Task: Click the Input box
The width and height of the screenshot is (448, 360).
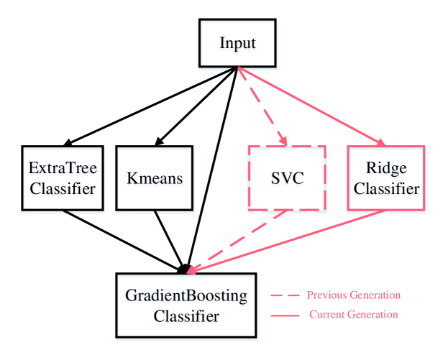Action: coord(237,45)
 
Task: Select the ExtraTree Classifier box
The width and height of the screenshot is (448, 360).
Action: coord(63,179)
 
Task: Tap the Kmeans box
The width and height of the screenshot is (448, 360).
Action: coord(155,179)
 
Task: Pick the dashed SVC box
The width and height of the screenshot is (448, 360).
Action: coord(286,179)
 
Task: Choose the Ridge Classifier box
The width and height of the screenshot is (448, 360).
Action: coord(386,179)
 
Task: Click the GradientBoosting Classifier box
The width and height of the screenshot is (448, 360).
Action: coord(187,306)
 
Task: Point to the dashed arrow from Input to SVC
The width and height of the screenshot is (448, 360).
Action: coord(262,106)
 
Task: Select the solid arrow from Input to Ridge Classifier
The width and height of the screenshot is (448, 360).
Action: coord(309,106)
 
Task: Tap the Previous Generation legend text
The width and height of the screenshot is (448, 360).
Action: coord(353,295)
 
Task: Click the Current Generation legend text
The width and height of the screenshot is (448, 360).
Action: coord(353,315)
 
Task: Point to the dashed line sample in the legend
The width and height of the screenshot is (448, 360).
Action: coord(284,295)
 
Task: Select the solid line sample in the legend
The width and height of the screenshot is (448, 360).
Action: coord(284,315)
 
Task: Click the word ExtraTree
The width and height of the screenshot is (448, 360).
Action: coord(63,169)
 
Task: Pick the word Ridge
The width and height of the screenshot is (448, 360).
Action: coord(386,169)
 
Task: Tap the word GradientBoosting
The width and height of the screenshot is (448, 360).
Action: coord(187,296)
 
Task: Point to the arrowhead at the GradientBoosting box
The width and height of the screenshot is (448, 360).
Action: coord(191,270)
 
